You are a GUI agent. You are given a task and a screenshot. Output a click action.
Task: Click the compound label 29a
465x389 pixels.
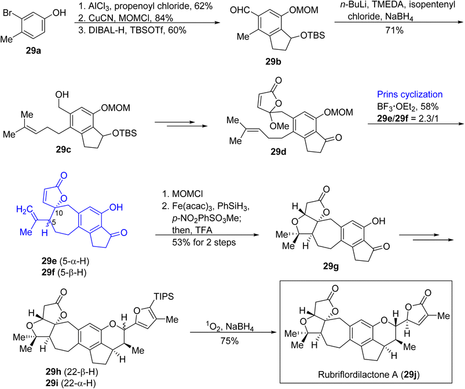(33, 51)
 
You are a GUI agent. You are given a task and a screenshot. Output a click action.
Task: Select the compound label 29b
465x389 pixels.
(273, 62)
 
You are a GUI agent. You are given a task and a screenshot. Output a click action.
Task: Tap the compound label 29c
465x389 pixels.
(63, 149)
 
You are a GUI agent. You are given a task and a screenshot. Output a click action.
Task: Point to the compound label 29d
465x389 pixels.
(278, 152)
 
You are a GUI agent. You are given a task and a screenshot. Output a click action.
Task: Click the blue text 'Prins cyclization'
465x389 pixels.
(409, 94)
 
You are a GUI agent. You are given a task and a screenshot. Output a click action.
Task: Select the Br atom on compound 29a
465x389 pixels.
(8, 13)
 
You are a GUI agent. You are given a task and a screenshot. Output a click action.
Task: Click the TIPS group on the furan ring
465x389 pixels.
(164, 296)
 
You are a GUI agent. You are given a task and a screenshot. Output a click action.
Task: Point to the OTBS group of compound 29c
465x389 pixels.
(125, 133)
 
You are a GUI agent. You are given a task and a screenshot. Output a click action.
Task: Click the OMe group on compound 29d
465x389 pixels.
(279, 126)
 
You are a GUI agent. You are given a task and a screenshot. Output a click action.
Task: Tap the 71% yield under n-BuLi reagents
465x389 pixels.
(394, 30)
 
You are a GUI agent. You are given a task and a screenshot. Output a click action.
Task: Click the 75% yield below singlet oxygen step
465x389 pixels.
(229, 341)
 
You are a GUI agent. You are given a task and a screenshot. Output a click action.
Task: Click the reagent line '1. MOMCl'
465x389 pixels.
(182, 194)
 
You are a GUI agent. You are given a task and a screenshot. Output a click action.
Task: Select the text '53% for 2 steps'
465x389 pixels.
(204, 242)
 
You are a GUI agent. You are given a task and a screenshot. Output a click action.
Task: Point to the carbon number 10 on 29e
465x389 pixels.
(58, 213)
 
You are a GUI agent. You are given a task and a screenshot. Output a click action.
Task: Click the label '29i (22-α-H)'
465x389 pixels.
(71, 383)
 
